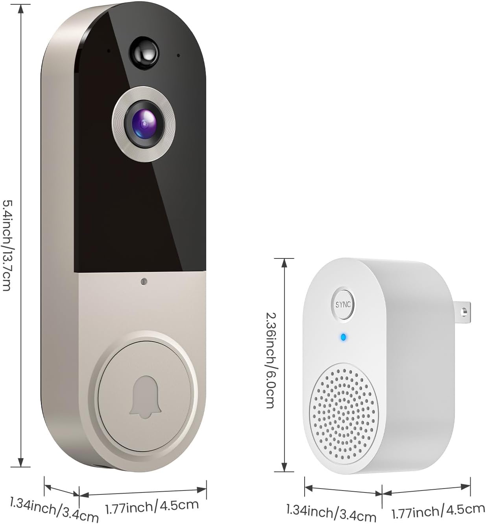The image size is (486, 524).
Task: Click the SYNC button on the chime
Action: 343,305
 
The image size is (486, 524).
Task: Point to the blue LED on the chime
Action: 343,337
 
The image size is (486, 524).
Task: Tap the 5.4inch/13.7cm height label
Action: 7,245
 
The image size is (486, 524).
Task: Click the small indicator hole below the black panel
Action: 143,282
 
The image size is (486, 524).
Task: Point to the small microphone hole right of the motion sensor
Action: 178,56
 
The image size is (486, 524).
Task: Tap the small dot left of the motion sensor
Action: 108,50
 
